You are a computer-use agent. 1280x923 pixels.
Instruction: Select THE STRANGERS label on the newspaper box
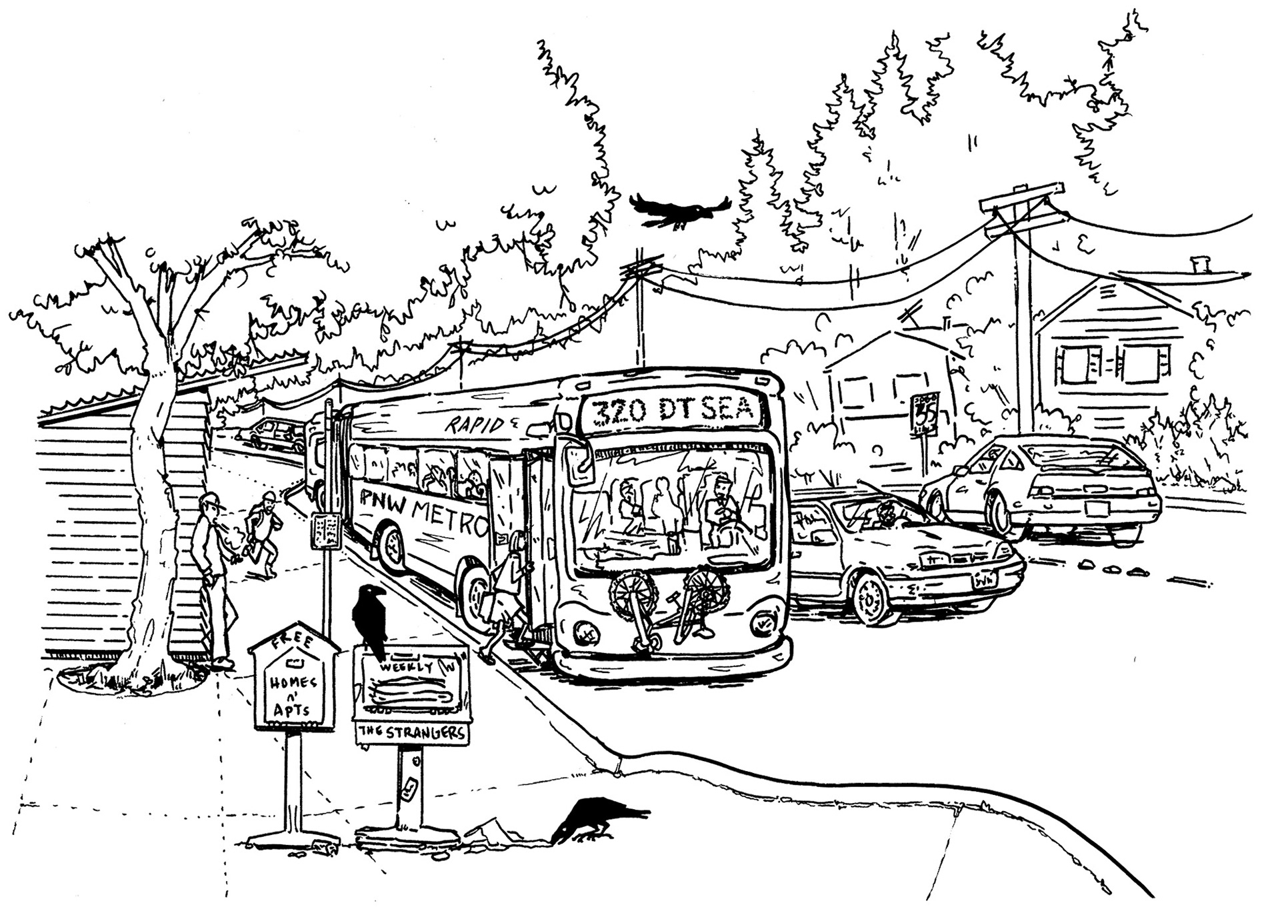[411, 732]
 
